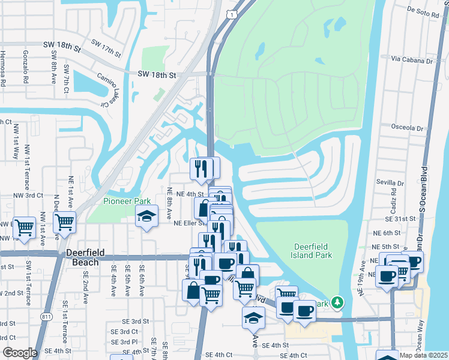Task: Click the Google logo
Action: point(19,353)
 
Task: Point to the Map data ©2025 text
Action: point(424,355)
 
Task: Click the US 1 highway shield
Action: point(231,13)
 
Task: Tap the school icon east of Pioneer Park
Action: point(147,217)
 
